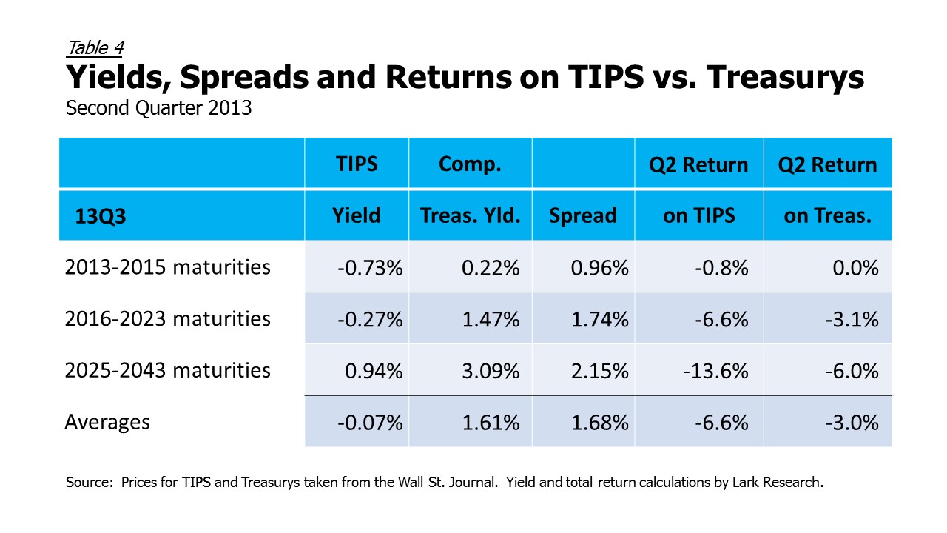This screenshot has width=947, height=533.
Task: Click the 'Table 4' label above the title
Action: (95, 48)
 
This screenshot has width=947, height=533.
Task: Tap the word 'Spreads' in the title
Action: (244, 78)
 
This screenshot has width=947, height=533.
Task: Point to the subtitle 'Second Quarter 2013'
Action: (158, 108)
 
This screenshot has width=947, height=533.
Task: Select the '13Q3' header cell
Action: (100, 216)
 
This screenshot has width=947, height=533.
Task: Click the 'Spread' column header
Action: (582, 215)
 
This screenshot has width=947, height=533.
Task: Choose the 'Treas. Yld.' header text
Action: (470, 215)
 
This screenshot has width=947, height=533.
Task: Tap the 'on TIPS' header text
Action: (699, 215)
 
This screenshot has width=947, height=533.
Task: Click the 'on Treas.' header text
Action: (827, 215)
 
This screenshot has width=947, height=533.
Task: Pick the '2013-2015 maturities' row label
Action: (167, 267)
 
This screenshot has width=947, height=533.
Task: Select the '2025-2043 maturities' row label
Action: (167, 371)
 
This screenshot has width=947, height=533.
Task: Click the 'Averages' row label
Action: (107, 422)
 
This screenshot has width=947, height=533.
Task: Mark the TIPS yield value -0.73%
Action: (370, 268)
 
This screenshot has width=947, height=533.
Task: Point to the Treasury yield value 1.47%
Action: (491, 320)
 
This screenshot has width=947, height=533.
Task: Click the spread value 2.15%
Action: (599, 372)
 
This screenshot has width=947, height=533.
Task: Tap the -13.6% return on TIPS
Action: (715, 372)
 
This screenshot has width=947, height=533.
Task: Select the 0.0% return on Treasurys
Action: (855, 268)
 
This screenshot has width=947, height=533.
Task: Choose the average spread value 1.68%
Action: (599, 423)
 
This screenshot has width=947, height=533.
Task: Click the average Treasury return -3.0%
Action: (852, 423)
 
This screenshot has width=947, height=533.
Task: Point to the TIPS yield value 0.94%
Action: (374, 372)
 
